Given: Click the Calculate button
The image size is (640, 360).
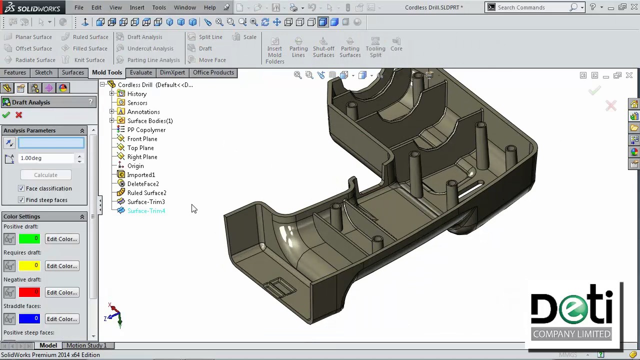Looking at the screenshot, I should click(x=45, y=175).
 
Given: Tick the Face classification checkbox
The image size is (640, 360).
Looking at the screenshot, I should click(x=21, y=188).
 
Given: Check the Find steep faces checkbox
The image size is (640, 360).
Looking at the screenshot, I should click(x=21, y=200).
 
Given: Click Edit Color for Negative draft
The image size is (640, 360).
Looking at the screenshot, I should click(x=62, y=292).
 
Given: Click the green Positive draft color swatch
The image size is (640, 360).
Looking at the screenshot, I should click(x=29, y=239).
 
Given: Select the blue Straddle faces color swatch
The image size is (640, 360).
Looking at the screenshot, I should click(x=29, y=319).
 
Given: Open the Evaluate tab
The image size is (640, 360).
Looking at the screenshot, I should click(x=141, y=72).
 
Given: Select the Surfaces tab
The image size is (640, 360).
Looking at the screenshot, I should click(x=73, y=72).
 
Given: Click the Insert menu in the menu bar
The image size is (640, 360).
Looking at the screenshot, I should click(x=137, y=7).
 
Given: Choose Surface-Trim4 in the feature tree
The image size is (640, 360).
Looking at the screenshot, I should click(x=146, y=211).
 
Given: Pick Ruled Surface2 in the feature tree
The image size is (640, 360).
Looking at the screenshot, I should click(x=146, y=193).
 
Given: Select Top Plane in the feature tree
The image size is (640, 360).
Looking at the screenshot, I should click(x=140, y=148).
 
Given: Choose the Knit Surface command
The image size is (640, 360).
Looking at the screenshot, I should click(x=89, y=60).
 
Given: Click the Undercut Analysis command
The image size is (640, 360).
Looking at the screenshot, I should click(x=150, y=48).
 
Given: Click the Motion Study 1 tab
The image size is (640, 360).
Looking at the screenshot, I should click(x=86, y=345).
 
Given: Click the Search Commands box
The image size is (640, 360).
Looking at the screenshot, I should click(x=530, y=7).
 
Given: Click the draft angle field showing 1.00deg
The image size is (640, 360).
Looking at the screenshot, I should click(x=46, y=158).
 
